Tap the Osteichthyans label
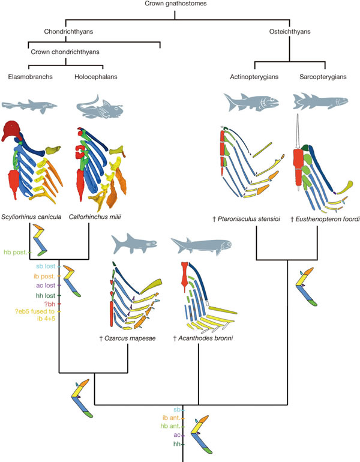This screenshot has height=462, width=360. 287,32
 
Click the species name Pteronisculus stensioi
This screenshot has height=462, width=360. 253,220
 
